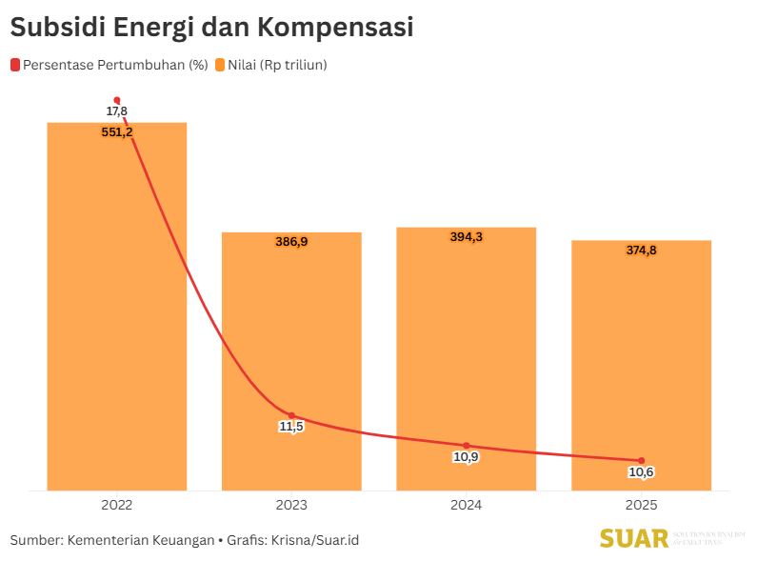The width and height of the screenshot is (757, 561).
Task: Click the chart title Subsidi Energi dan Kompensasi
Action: pos(211,28)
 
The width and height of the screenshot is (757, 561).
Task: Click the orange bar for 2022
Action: pos(117,314)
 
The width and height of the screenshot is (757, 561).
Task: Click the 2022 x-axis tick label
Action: pos(117,505)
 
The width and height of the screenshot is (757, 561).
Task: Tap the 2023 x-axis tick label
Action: pos(291,505)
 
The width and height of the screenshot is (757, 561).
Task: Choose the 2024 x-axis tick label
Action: pos(466,505)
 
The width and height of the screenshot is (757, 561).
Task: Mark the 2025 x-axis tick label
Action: pos(641,505)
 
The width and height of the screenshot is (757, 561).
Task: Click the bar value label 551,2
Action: pos(117,132)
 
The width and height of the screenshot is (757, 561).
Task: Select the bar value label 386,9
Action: pos(291,242)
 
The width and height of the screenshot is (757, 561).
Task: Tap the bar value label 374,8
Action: pos(641,250)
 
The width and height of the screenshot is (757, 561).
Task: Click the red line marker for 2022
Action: pos(117,100)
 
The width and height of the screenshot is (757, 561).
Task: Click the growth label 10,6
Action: pos(641,472)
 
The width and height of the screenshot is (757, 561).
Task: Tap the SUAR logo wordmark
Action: pos(634,539)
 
